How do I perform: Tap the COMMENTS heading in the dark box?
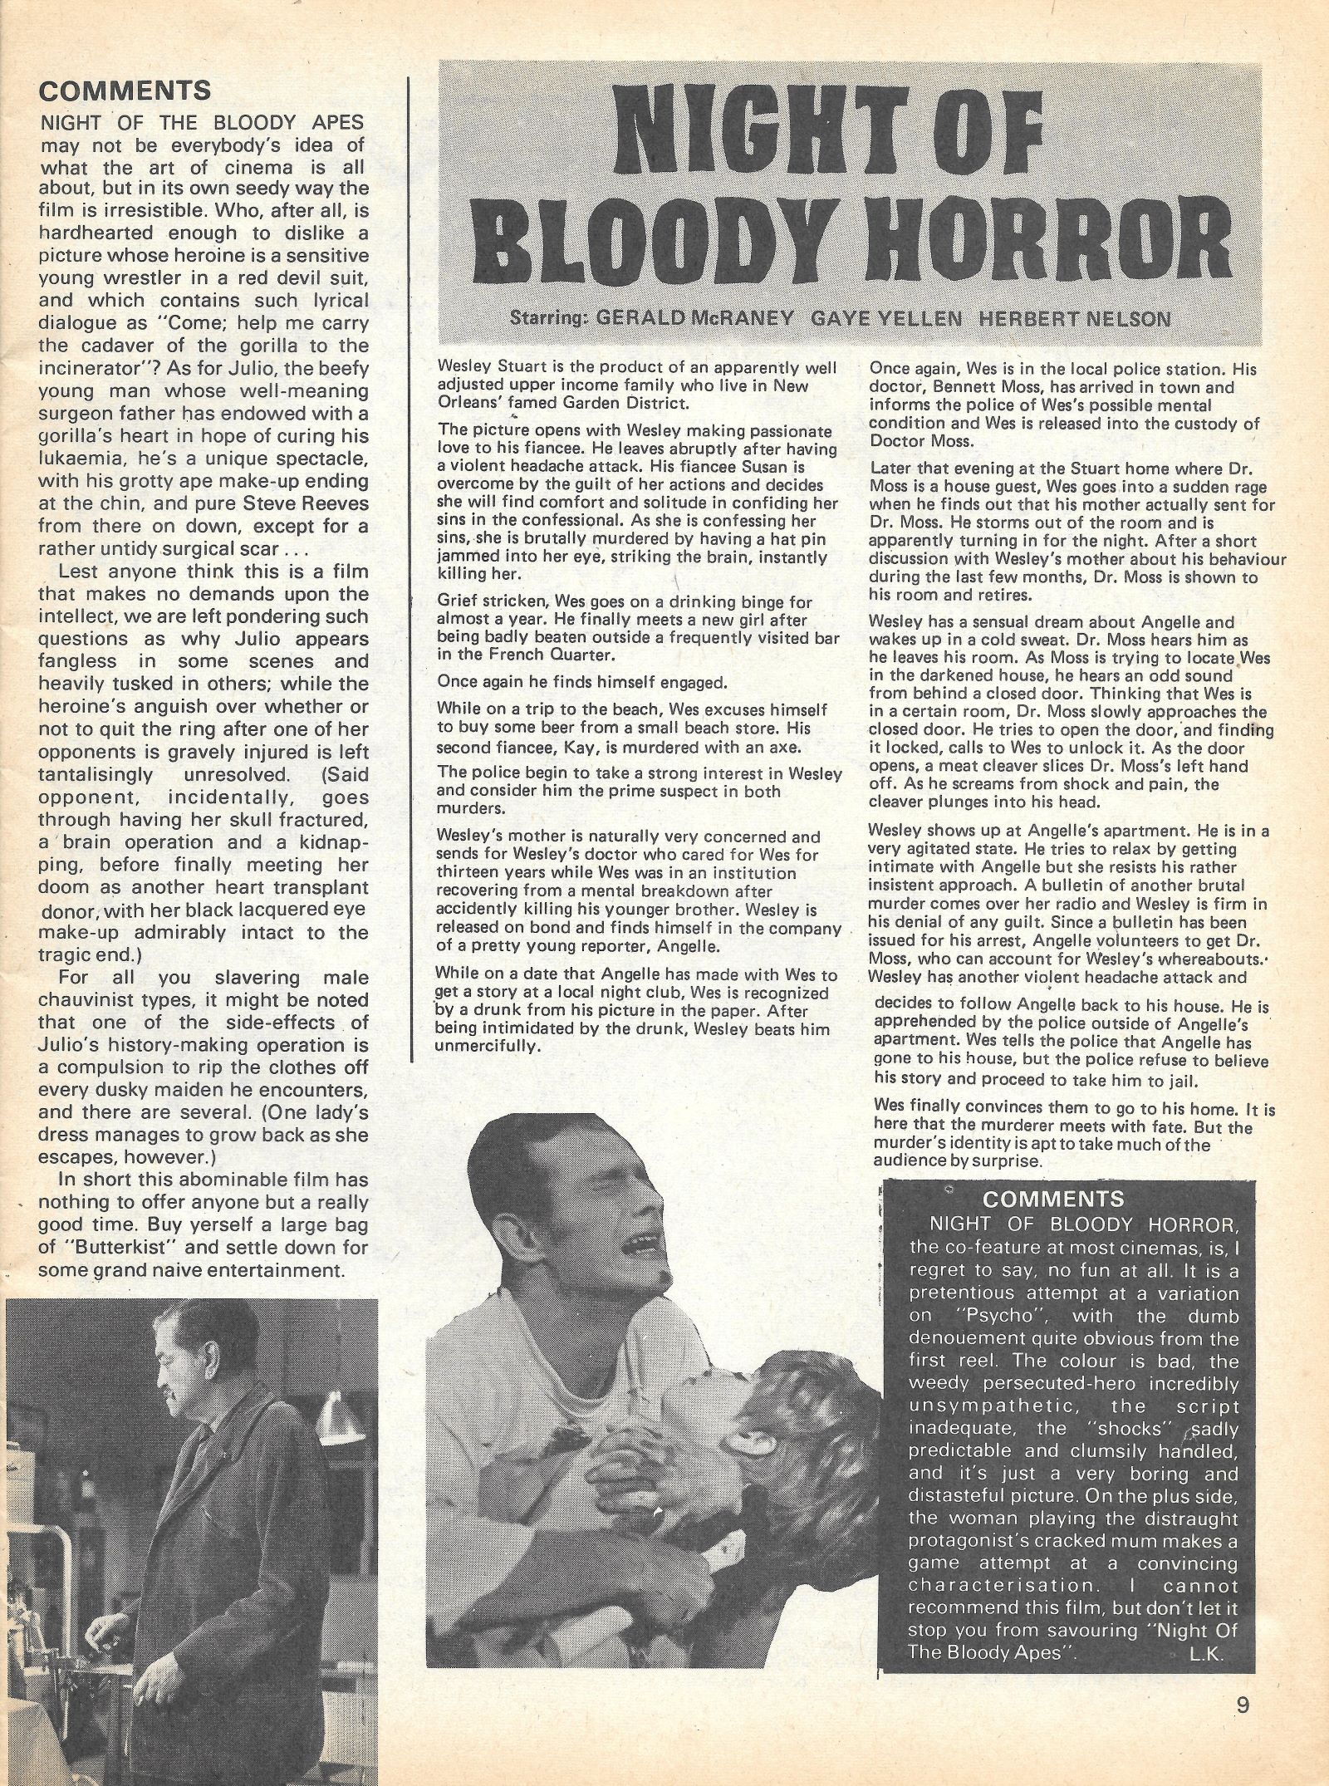pos(1052,1199)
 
